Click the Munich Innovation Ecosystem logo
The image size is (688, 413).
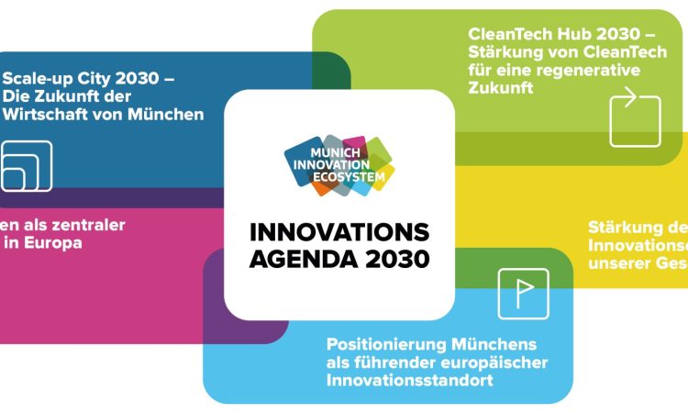[x=339, y=166]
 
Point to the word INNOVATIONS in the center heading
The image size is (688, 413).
[x=339, y=230]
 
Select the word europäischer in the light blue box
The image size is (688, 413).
[x=501, y=362]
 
